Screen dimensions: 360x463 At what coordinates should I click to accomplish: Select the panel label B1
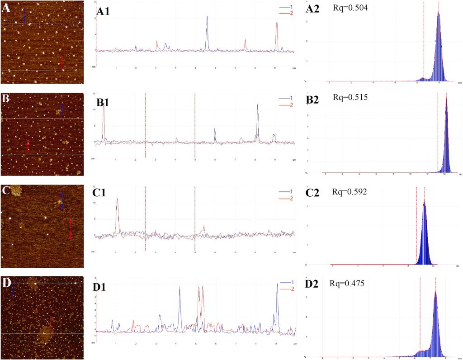click(104, 103)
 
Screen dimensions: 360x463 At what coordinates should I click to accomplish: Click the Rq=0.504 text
click(347, 8)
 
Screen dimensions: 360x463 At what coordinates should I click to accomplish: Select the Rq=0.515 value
click(347, 97)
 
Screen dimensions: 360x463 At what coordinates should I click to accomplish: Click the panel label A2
click(313, 9)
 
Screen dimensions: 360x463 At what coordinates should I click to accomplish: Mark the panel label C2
click(313, 193)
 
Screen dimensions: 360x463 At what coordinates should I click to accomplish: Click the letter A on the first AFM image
click(6, 8)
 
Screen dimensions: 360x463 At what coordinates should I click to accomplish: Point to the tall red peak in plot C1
click(117, 199)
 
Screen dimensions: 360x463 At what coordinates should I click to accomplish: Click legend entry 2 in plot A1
click(285, 14)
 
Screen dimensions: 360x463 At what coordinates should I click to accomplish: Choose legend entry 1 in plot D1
click(285, 284)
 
